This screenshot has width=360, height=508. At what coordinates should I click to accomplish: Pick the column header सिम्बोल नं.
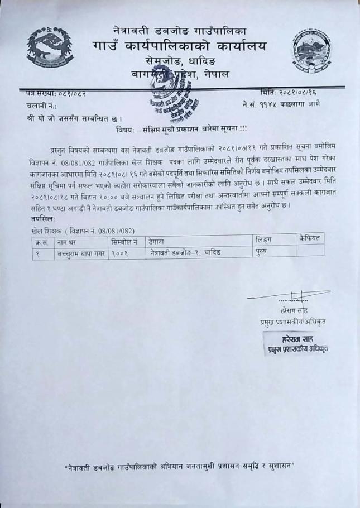point(126,241)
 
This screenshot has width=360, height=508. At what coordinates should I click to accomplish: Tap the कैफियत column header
point(310,238)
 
